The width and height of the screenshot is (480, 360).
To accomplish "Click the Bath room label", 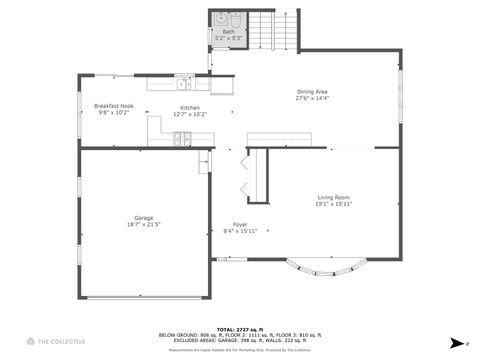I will [229, 32].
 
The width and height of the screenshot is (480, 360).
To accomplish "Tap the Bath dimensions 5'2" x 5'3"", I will [229, 38].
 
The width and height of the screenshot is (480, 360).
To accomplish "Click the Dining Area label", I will [312, 92].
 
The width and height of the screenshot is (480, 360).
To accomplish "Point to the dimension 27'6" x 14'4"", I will [312, 99].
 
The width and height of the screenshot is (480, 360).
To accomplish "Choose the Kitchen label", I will [190, 107].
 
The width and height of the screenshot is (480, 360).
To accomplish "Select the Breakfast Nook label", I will [114, 106].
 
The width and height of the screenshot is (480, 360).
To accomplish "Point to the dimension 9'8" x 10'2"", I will [114, 113].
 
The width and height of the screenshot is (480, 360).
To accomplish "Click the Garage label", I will [144, 218].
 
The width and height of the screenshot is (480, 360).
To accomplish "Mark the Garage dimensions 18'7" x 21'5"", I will [144, 225].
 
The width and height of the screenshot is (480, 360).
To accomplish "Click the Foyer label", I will [240, 224].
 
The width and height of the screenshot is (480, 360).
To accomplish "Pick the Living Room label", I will [334, 197].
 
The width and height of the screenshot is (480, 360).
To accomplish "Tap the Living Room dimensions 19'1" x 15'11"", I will [334, 204].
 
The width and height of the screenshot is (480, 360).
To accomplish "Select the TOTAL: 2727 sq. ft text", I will [239, 328].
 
